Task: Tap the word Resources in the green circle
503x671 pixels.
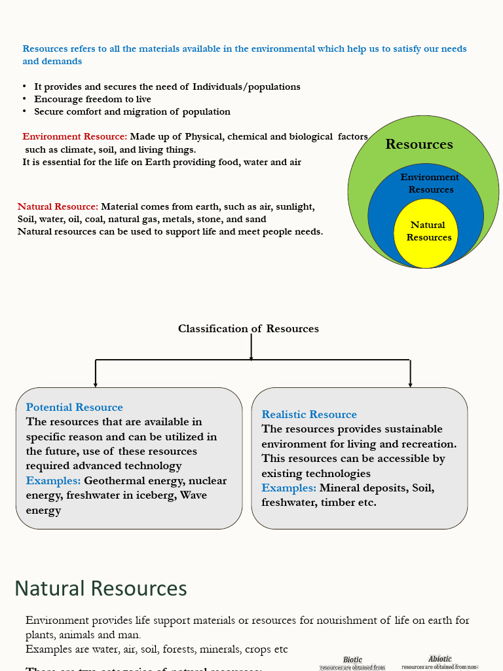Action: (419, 144)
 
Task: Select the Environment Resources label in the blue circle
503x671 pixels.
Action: (430, 183)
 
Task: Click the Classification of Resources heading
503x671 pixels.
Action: (248, 329)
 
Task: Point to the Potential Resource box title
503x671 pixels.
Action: (75, 408)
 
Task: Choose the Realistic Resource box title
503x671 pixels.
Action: (309, 415)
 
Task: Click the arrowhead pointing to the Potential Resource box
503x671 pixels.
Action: (96, 384)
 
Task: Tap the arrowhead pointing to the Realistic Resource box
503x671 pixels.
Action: (411, 384)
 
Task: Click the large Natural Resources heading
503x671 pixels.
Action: (101, 588)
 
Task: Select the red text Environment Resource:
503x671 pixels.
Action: (75, 137)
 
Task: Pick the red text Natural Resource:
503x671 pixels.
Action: (58, 207)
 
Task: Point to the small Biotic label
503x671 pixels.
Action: (352, 660)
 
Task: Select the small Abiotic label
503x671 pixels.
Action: (440, 659)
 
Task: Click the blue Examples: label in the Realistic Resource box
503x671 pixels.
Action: (289, 488)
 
